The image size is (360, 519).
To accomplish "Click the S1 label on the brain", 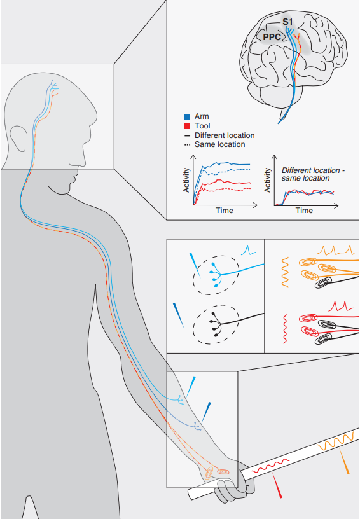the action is click(287, 22).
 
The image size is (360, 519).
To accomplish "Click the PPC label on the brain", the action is click(272, 37).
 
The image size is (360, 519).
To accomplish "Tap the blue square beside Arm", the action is click(187, 116).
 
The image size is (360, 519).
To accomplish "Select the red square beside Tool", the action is click(187, 126).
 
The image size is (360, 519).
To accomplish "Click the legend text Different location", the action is click(225, 135).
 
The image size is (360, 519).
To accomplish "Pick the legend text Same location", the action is click(220, 144).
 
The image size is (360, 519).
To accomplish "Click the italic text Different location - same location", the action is click(313, 174).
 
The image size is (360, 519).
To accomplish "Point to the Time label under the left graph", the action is click(225, 211).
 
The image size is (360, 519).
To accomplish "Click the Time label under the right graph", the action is click(305, 211).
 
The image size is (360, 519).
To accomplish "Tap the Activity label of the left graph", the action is click(186, 180).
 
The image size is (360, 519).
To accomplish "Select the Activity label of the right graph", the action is click(267, 180).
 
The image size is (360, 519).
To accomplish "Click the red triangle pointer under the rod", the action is click(277, 485).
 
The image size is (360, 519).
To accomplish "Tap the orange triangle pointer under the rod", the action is click(344, 461).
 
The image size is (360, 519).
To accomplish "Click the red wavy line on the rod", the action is click(270, 466).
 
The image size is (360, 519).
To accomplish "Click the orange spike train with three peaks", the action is click(336, 250).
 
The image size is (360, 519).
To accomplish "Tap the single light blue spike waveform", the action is click(249, 250).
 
